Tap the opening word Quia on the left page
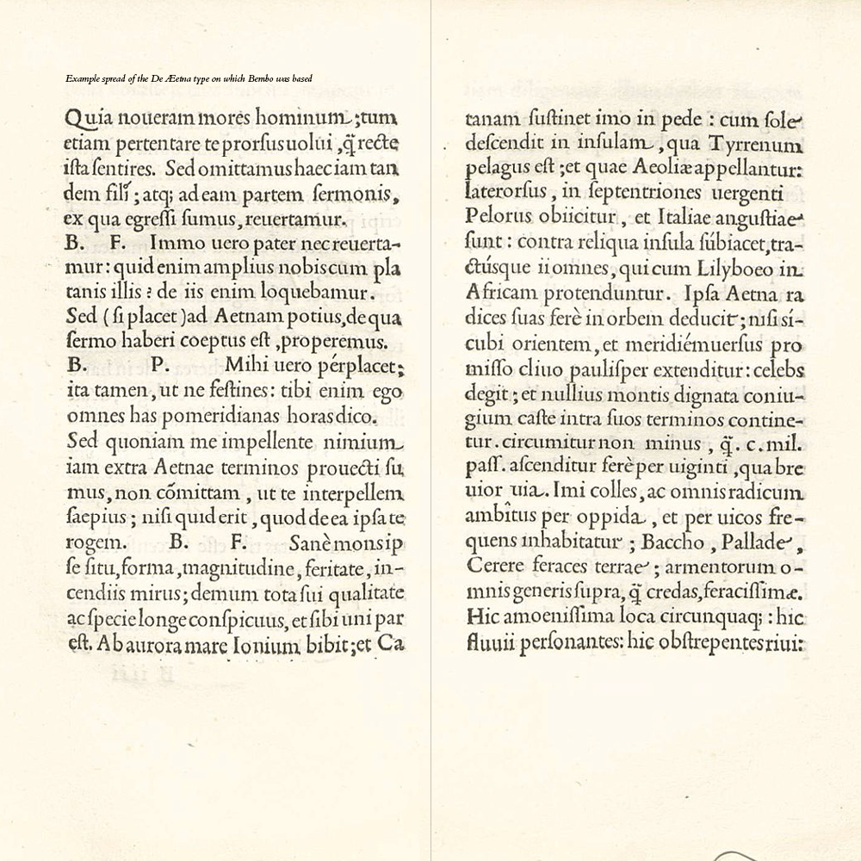click(x=86, y=119)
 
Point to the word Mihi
click(x=245, y=366)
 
